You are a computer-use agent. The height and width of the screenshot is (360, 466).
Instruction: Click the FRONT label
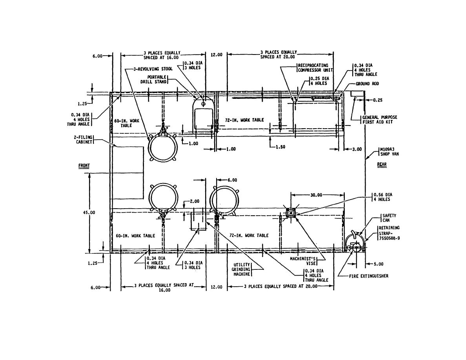[x=84, y=165]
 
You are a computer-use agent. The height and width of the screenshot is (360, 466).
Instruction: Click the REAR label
[x=382, y=164]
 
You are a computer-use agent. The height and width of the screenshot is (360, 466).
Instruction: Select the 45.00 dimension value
[x=89, y=213]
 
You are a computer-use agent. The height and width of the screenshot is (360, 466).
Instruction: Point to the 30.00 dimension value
[x=316, y=195]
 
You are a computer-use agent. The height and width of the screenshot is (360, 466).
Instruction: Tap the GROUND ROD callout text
[x=367, y=84]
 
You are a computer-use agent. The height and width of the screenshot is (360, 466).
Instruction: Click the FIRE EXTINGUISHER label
[x=368, y=276]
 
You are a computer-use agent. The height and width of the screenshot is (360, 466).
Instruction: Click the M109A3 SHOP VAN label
[x=390, y=151]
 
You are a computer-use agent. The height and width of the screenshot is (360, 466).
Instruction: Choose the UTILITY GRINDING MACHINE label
[x=242, y=269]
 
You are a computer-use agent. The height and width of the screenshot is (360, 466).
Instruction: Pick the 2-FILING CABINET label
[x=84, y=140]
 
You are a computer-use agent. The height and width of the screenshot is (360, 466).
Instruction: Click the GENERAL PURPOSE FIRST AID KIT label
[x=380, y=119]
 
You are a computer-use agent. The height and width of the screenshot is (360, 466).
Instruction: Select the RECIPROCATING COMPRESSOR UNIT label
[x=315, y=68]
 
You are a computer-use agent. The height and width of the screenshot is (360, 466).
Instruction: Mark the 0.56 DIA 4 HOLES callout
[x=383, y=197]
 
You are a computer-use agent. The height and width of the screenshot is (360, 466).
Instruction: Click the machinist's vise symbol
[x=291, y=213]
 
